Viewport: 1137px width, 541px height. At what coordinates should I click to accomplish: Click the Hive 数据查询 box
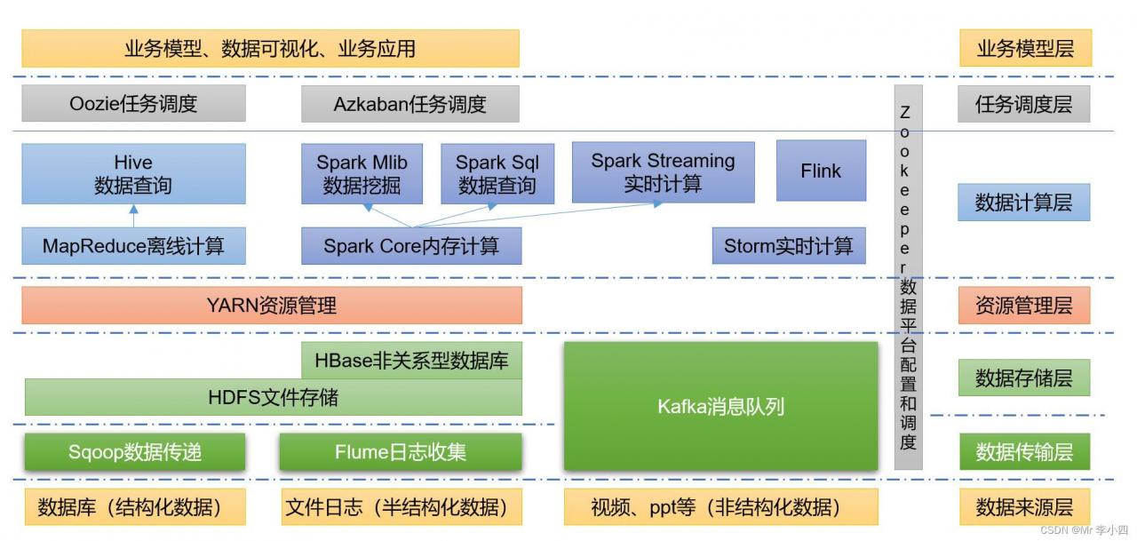point(133,174)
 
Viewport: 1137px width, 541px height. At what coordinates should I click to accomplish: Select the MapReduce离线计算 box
point(133,246)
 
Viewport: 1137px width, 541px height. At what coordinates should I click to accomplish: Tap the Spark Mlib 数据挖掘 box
point(362,174)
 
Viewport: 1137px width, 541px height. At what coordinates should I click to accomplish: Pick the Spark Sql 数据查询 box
point(497,174)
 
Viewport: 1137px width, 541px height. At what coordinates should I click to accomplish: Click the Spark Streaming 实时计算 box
point(663,171)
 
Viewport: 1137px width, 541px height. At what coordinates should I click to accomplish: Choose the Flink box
point(821,171)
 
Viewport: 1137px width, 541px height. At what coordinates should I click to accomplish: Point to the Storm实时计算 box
point(788,246)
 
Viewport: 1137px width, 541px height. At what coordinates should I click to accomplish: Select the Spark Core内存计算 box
point(410,246)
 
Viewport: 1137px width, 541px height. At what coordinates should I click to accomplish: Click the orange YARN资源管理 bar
point(272,306)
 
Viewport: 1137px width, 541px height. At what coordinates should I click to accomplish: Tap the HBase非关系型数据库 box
point(412,361)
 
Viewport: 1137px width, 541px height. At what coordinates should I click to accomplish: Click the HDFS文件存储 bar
point(273,397)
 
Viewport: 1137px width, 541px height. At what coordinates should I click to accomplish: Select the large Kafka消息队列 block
point(720,406)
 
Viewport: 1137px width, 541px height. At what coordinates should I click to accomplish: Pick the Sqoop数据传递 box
point(135,452)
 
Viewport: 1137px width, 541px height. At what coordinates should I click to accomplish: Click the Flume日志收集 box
point(401,452)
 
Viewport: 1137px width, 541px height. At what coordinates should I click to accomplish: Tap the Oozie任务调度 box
point(133,104)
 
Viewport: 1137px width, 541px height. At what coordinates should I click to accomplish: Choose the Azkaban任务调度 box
point(409,104)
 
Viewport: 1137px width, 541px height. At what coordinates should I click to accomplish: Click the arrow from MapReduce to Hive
point(133,217)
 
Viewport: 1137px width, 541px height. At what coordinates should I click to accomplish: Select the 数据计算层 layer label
point(1023,203)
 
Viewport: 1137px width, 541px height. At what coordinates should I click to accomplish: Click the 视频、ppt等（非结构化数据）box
point(720,507)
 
